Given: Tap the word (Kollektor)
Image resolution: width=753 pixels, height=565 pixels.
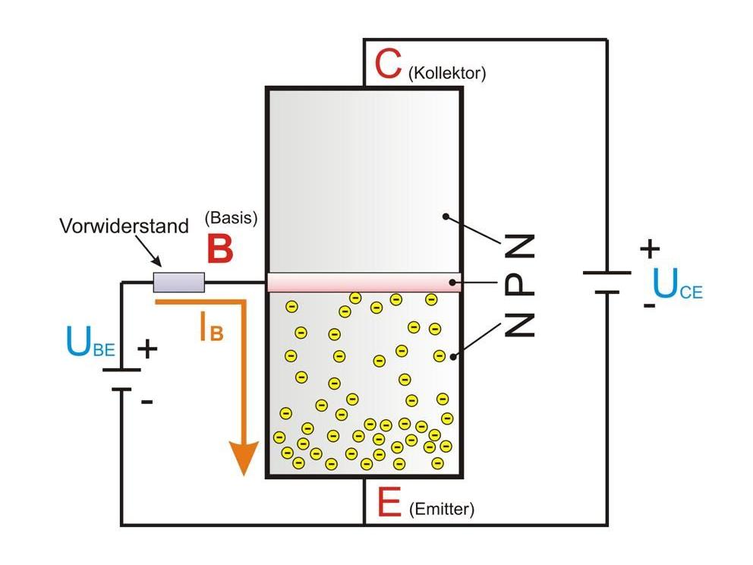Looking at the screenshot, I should pyautogui.click(x=446, y=74).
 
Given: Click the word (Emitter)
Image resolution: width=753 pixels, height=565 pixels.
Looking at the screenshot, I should pyautogui.click(x=441, y=510).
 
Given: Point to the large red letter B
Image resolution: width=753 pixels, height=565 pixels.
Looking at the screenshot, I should pyautogui.click(x=219, y=249).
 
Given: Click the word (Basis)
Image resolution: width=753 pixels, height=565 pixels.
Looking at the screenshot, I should pyautogui.click(x=232, y=218).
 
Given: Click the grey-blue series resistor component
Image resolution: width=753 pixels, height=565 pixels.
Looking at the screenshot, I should pyautogui.click(x=179, y=282).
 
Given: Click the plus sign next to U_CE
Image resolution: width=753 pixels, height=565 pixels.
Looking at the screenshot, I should pyautogui.click(x=650, y=248).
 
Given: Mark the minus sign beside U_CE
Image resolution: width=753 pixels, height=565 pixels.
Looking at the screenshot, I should pyautogui.click(x=649, y=305).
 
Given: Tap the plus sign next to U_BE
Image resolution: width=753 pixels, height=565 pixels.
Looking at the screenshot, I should pyautogui.click(x=147, y=349).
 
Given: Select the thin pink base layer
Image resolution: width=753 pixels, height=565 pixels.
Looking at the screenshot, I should pyautogui.click(x=364, y=282).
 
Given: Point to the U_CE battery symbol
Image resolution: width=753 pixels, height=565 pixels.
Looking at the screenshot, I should pyautogui.click(x=607, y=282).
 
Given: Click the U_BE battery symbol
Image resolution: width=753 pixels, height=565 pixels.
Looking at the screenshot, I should pyautogui.click(x=121, y=380).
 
